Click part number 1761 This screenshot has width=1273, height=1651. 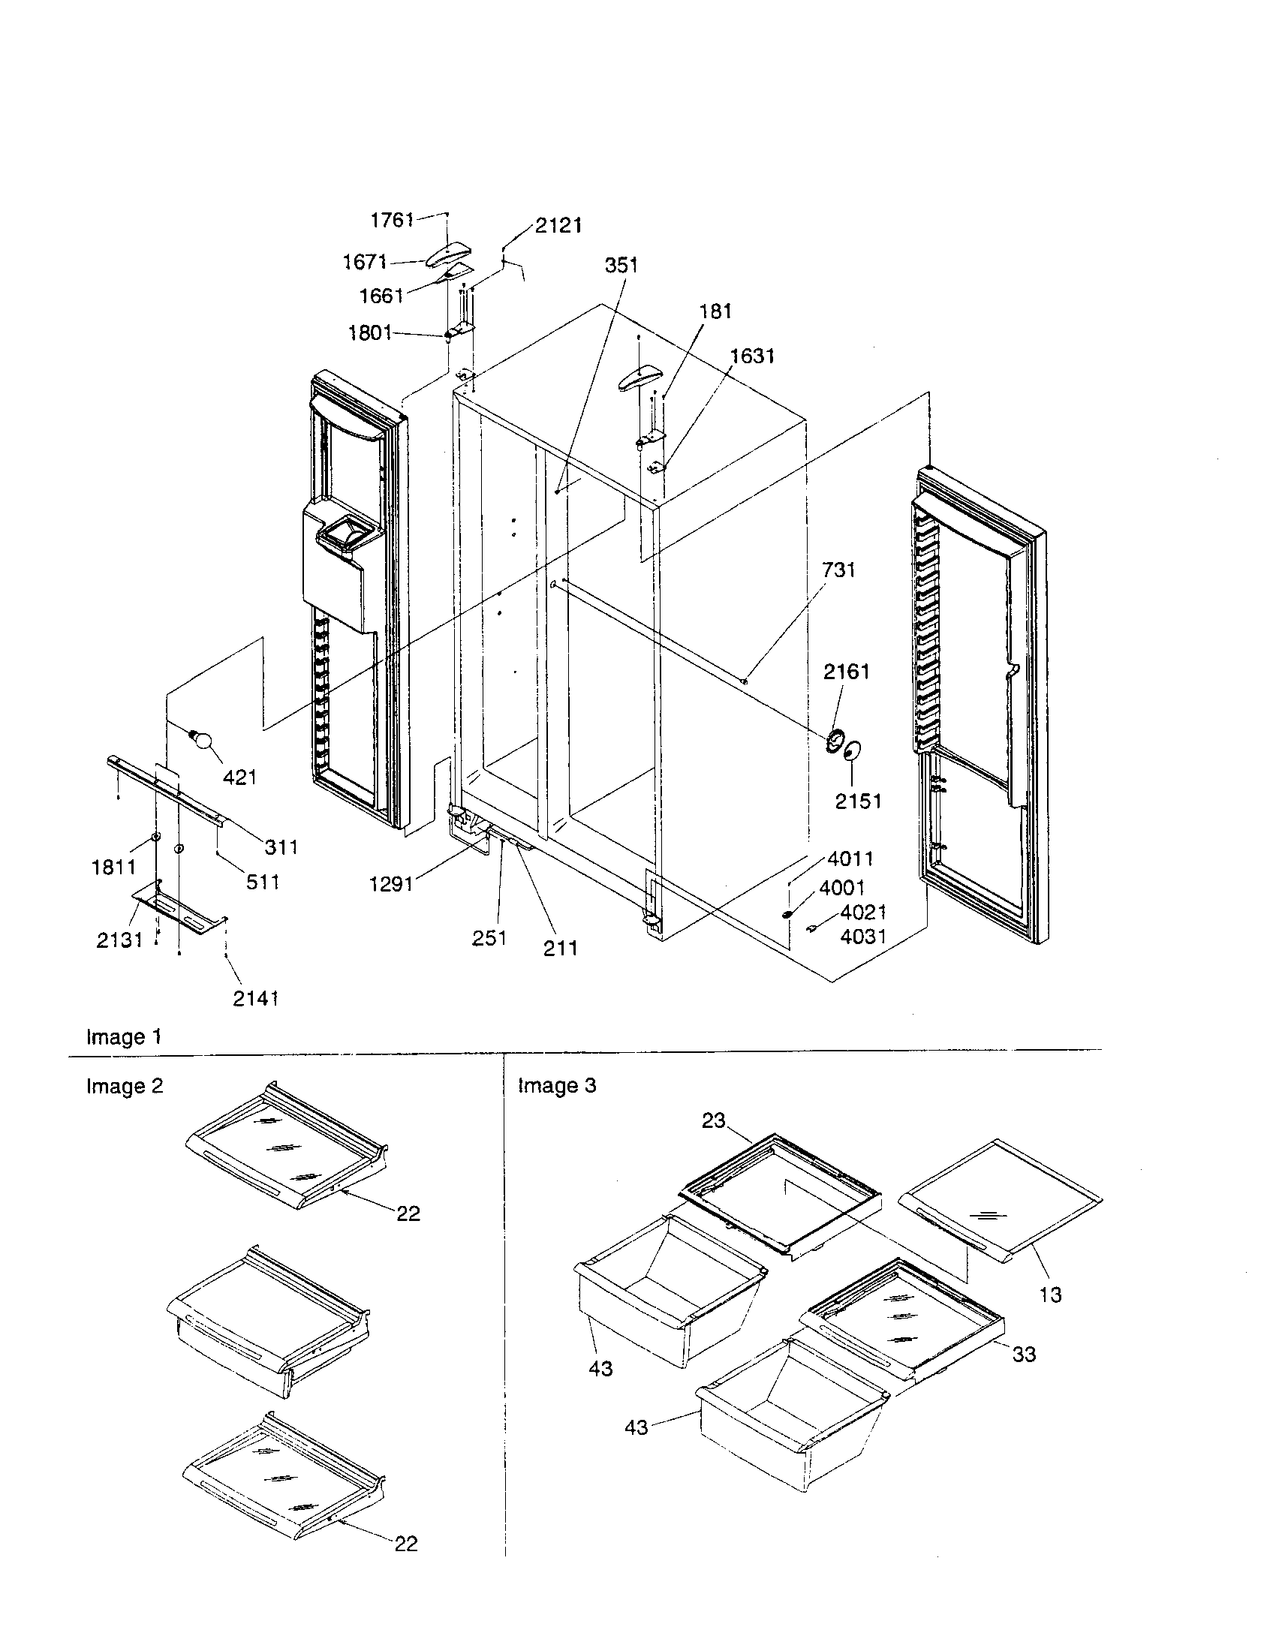pyautogui.click(x=392, y=219)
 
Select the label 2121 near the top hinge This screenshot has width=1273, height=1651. pyautogui.click(x=558, y=225)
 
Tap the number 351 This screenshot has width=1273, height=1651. pyautogui.click(x=621, y=265)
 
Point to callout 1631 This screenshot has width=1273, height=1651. pyautogui.click(x=752, y=355)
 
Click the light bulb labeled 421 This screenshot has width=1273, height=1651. pyautogui.click(x=202, y=741)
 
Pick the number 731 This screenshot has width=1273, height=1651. pyautogui.click(x=838, y=570)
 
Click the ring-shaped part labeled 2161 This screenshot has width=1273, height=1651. pyautogui.click(x=835, y=741)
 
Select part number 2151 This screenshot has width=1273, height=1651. pyautogui.click(x=858, y=801)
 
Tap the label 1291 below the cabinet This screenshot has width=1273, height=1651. pyautogui.click(x=391, y=884)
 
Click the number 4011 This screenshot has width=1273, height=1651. pyautogui.click(x=850, y=859)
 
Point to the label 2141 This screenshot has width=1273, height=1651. pyautogui.click(x=255, y=999)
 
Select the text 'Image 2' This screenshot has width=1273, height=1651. pyautogui.click(x=124, y=1087)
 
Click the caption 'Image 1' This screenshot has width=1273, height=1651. pyautogui.click(x=124, y=1037)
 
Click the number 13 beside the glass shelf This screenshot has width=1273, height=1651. pyautogui.click(x=1050, y=1295)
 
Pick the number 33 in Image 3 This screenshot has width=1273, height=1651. pyautogui.click(x=1024, y=1355)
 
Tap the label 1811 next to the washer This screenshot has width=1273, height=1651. pyautogui.click(x=113, y=867)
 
